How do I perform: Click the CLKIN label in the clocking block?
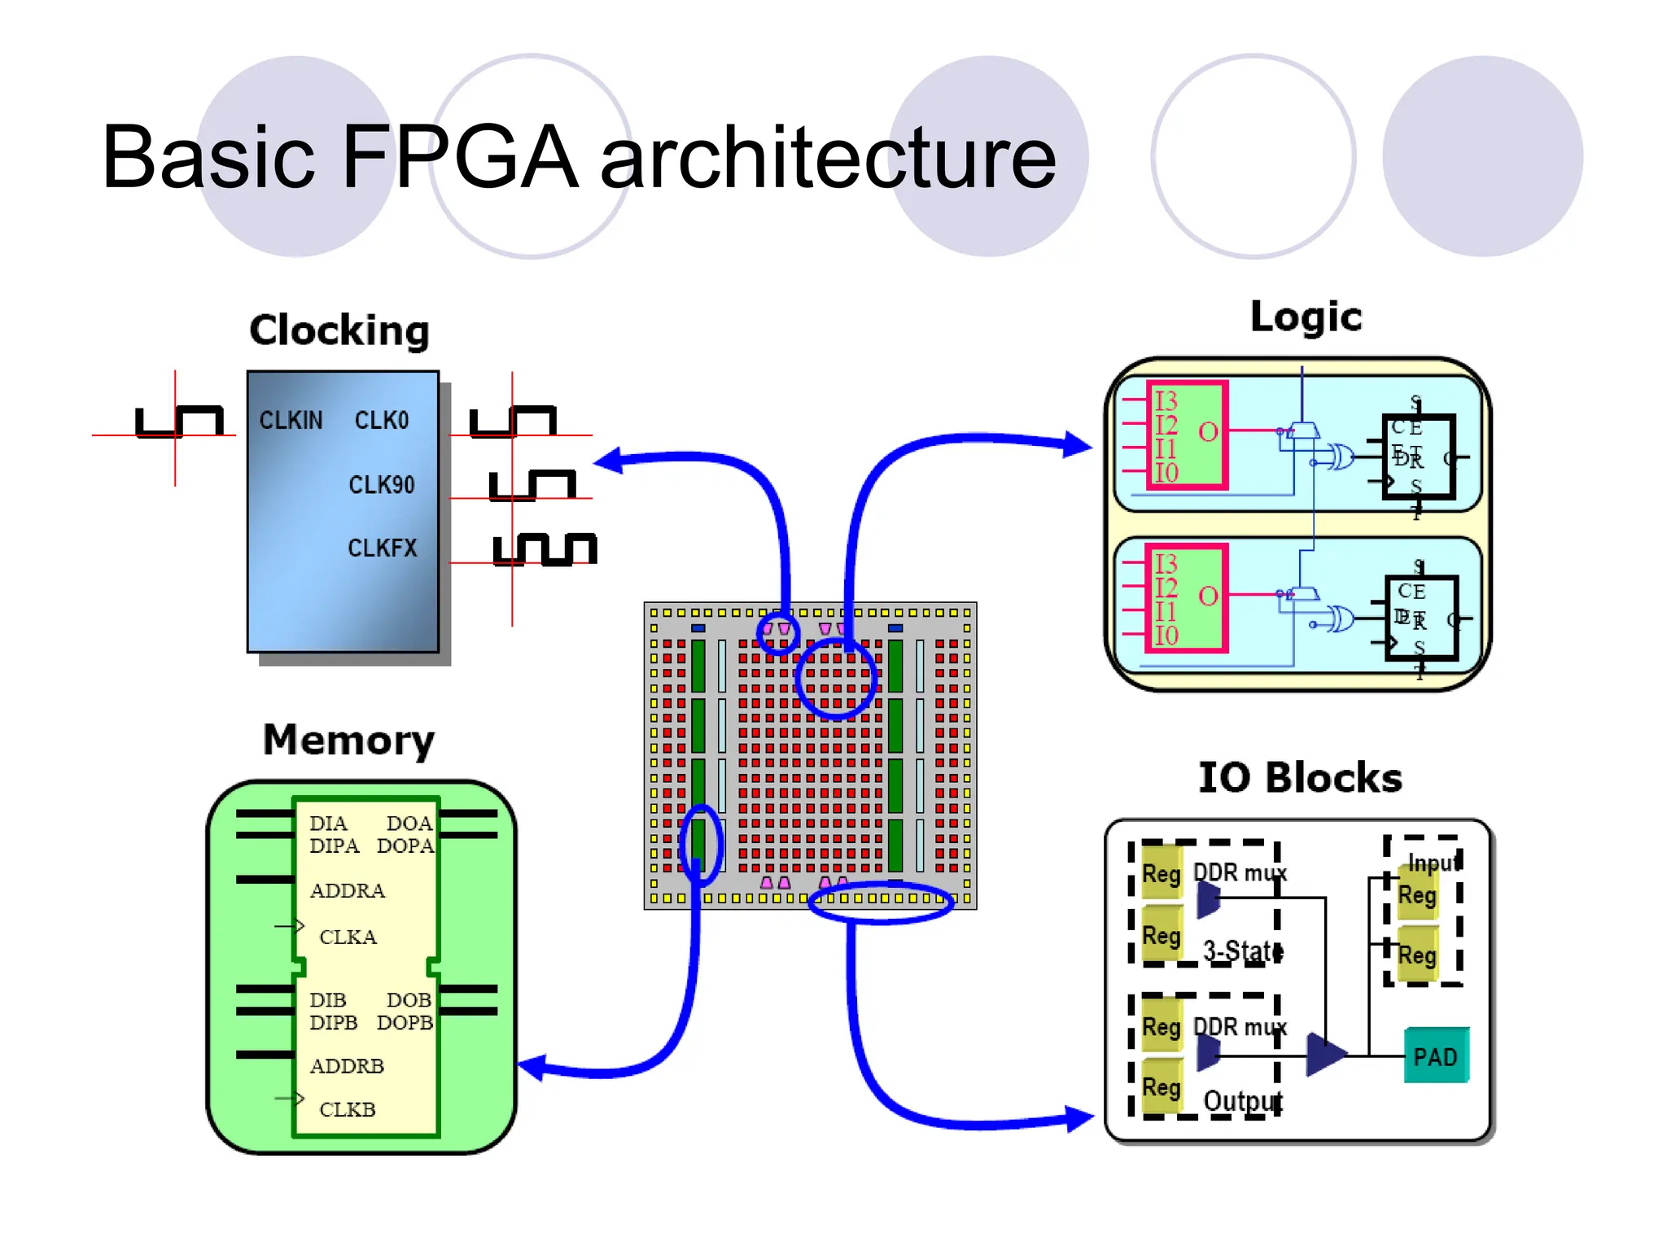click(291, 420)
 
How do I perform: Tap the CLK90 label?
click(381, 485)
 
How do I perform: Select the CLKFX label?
click(382, 548)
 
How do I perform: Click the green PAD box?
click(1436, 1056)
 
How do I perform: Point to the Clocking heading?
click(339, 330)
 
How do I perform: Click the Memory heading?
click(348, 741)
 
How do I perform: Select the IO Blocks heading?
click(1300, 778)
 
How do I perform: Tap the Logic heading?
click(1306, 317)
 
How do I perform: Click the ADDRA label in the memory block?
click(347, 890)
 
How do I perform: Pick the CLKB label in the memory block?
click(347, 1109)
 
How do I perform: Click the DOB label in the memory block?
click(408, 999)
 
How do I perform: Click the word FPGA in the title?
click(460, 156)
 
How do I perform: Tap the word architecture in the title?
click(827, 156)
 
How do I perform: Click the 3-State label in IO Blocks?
click(1242, 951)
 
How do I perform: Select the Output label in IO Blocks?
click(1242, 1101)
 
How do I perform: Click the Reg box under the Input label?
click(1417, 895)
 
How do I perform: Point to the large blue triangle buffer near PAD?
click(1324, 1055)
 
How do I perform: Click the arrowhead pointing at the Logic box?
click(1079, 444)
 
